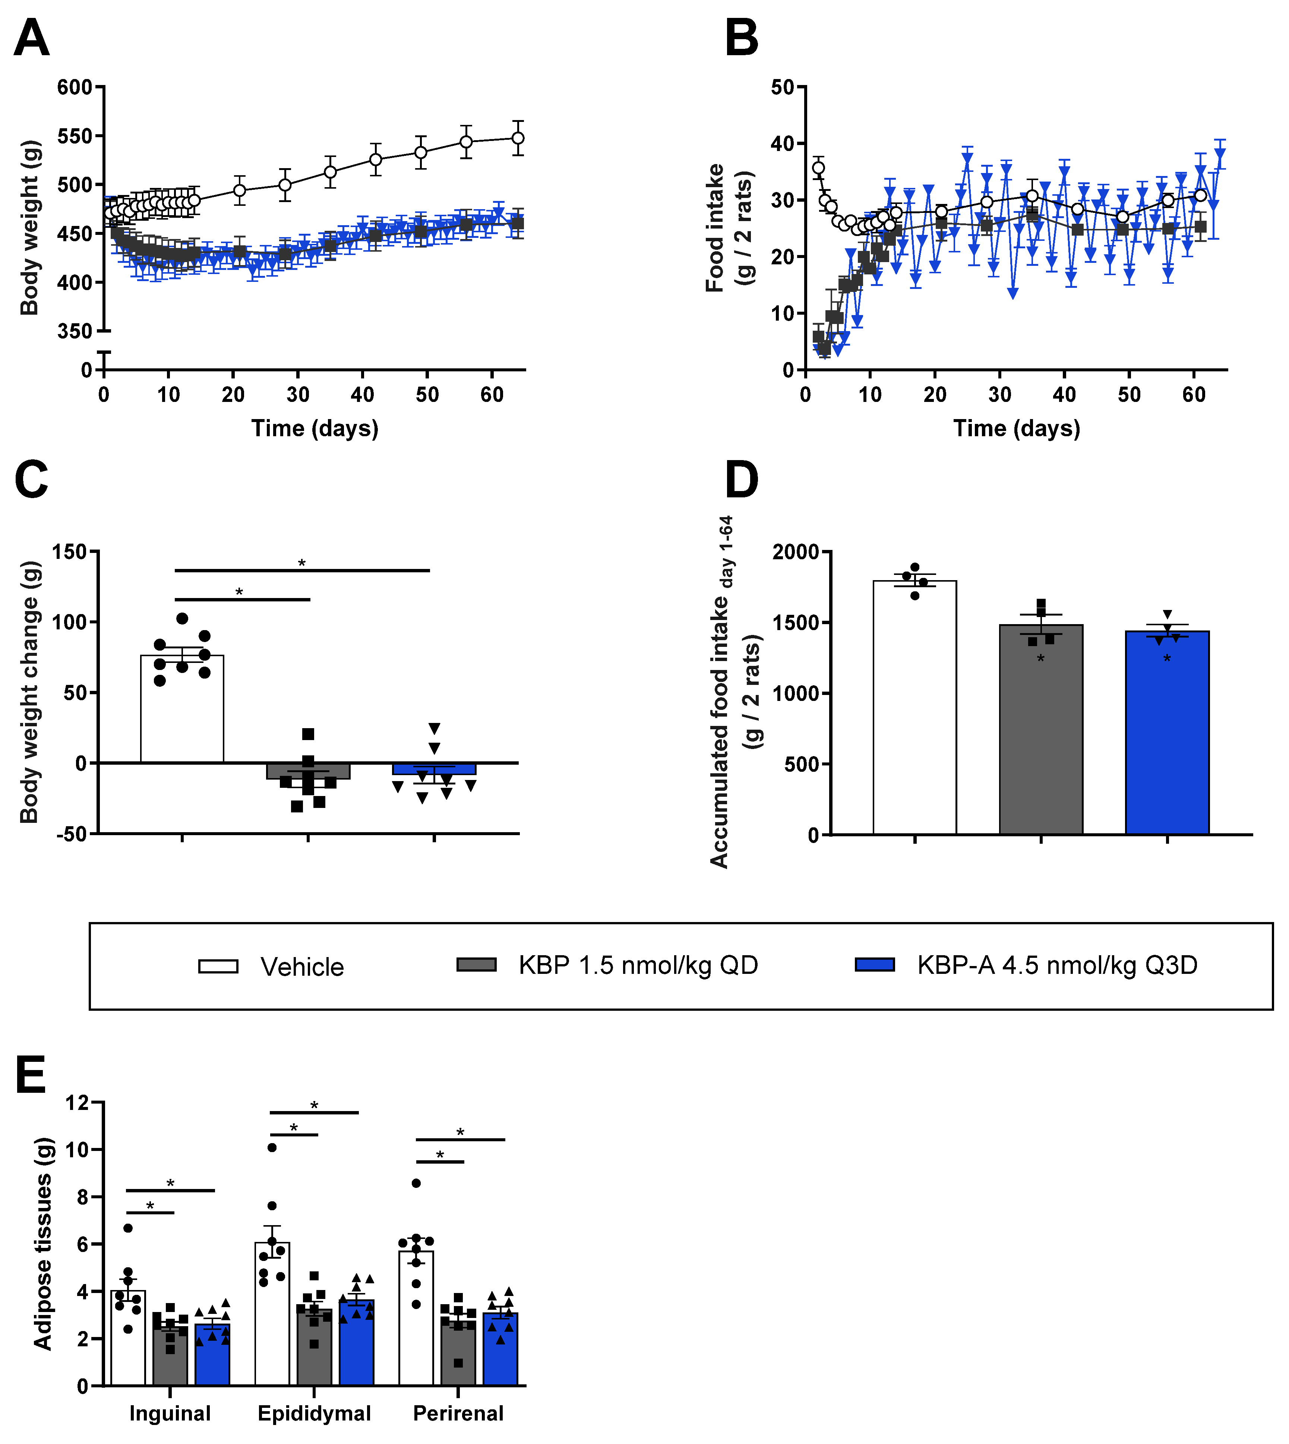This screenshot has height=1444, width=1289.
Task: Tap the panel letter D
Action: coord(742,480)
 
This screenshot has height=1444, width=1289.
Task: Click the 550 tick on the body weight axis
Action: coord(75,136)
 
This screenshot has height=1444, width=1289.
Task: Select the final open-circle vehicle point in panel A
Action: coord(518,138)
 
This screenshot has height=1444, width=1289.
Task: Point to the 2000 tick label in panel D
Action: coord(795,552)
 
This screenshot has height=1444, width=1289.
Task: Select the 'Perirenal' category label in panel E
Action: coord(458,1413)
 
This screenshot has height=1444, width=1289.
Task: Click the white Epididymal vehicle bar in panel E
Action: coord(272,1325)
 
